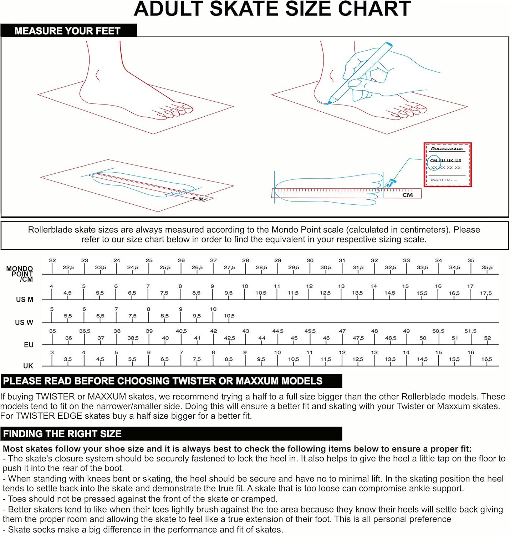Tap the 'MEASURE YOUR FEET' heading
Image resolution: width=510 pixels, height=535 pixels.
(67, 31)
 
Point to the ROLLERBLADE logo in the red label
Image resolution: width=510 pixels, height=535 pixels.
(447, 149)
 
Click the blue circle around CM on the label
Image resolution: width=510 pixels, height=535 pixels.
(434, 161)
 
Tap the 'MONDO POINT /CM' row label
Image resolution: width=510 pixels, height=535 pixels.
(20, 274)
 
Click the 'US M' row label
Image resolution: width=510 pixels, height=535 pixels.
(25, 300)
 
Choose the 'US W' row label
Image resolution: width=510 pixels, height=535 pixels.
(24, 322)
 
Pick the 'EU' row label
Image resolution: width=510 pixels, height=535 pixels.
(29, 345)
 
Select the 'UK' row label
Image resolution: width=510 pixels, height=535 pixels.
(28, 366)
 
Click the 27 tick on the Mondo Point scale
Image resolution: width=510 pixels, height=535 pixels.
(213, 261)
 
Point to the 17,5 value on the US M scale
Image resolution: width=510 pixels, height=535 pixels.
(486, 293)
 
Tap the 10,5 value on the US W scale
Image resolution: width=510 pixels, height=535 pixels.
(229, 316)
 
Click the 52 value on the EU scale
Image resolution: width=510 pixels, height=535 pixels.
(487, 338)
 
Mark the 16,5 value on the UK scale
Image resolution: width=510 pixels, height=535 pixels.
(486, 359)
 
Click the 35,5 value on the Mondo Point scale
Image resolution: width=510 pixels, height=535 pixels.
(487, 267)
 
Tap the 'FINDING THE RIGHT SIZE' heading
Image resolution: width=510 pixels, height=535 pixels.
(62, 434)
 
